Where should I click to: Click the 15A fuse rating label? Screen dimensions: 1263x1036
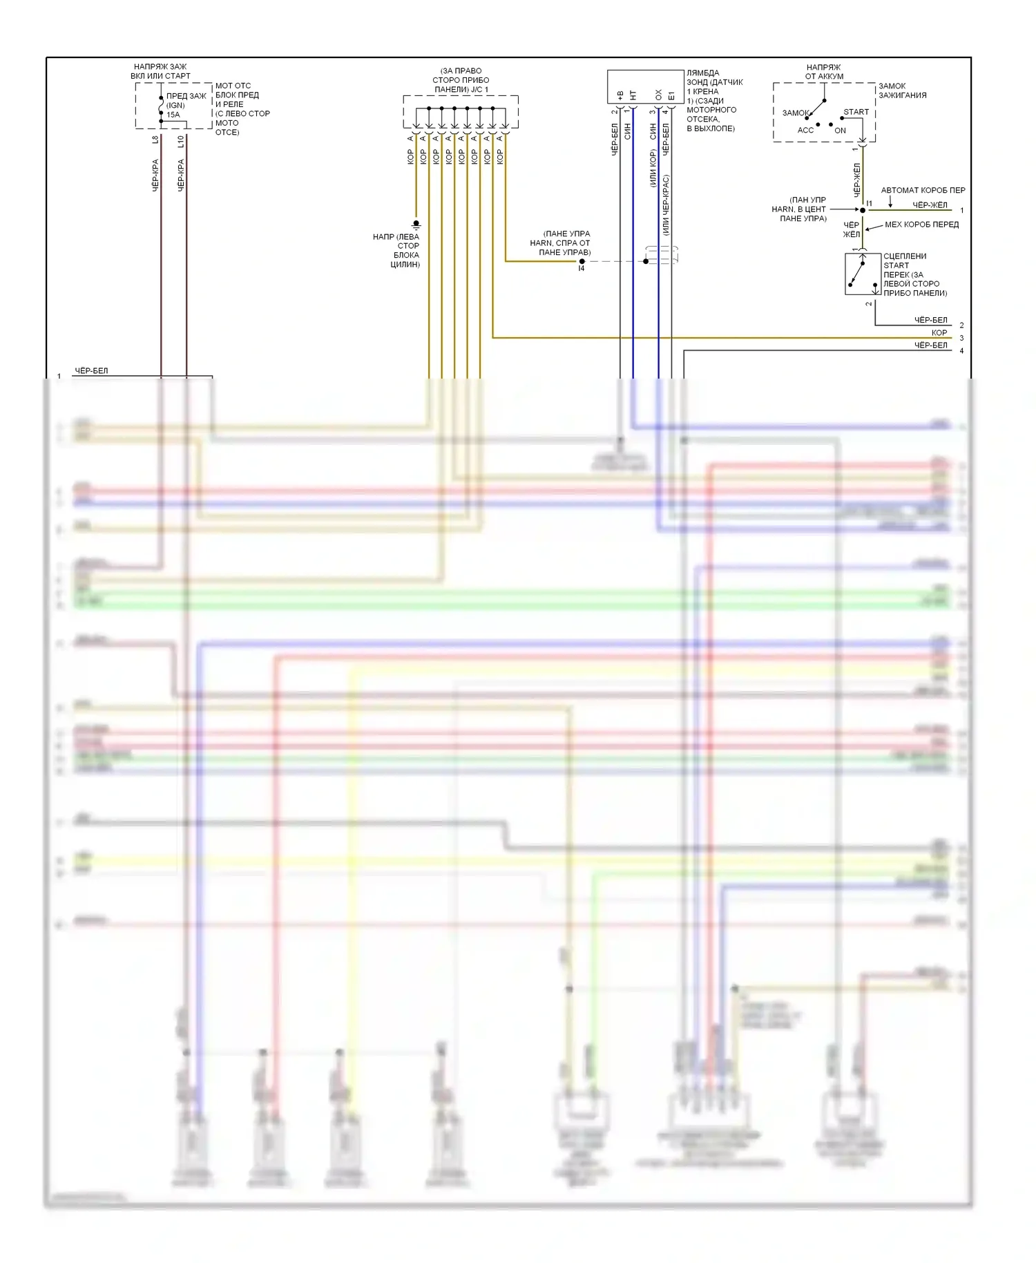pyautogui.click(x=173, y=115)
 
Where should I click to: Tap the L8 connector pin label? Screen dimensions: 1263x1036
pyautogui.click(x=155, y=140)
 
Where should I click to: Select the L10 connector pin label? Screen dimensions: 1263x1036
pyautogui.click(x=181, y=141)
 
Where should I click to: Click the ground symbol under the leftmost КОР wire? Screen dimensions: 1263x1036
pyautogui.click(x=416, y=224)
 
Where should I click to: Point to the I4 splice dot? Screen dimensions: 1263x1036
pyautogui.click(x=582, y=261)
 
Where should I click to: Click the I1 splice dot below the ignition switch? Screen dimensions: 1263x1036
pyautogui.click(x=863, y=210)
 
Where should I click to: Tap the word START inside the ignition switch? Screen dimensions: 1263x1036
pyautogui.click(x=856, y=112)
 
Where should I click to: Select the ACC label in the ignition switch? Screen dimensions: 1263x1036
pyautogui.click(x=805, y=131)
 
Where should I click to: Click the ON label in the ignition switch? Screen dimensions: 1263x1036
pyautogui.click(x=840, y=131)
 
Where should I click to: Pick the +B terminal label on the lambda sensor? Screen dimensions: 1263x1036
pyautogui.click(x=620, y=95)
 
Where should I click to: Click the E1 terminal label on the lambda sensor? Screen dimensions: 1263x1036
pyautogui.click(x=671, y=95)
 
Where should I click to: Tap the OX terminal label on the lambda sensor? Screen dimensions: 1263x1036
pyautogui.click(x=658, y=95)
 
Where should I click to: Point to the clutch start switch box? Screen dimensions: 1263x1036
pyautogui.click(x=862, y=274)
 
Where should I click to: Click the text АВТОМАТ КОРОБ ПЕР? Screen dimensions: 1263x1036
pyautogui.click(x=923, y=190)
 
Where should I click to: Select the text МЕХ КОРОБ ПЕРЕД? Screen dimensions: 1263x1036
pyautogui.click(x=921, y=225)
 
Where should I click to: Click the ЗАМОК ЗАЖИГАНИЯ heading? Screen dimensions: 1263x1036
pyautogui.click(x=902, y=91)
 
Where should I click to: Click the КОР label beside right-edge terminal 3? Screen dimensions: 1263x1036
pyautogui.click(x=939, y=333)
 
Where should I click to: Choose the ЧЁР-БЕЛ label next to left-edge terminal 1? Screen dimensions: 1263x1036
pyautogui.click(x=91, y=371)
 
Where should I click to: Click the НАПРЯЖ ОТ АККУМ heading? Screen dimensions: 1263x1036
pyautogui.click(x=824, y=72)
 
